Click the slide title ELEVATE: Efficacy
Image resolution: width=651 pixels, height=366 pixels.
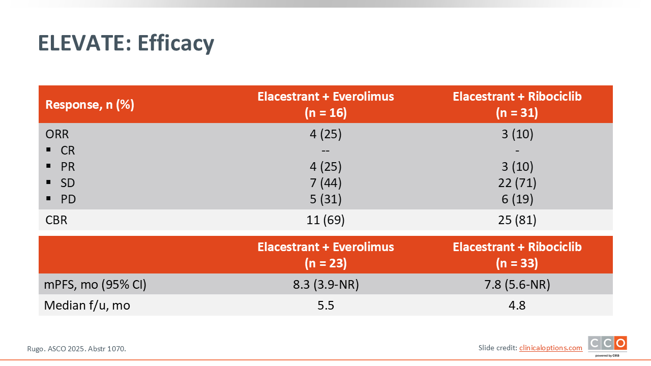coord(126,44)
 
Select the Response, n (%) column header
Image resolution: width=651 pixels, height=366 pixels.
coord(90,105)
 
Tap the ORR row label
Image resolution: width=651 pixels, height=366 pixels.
coord(57,134)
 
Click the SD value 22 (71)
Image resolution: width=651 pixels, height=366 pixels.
coord(517,183)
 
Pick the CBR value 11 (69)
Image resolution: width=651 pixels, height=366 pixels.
coord(325,220)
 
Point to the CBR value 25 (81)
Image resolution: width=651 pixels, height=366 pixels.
coord(517,220)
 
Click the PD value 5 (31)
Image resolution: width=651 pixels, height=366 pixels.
coord(325,199)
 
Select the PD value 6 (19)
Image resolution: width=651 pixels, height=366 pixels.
coord(517,199)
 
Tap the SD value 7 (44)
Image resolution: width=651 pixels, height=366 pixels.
coord(325,183)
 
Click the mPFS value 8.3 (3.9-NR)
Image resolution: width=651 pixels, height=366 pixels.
coord(326,284)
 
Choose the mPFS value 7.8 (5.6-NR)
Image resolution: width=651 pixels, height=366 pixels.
coord(517,284)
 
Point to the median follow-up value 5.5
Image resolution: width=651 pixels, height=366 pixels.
coord(325,306)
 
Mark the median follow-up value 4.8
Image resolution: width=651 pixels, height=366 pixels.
coord(517,306)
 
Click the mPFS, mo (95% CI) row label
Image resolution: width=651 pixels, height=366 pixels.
coord(95,284)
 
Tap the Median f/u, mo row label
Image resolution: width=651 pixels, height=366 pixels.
coord(87,306)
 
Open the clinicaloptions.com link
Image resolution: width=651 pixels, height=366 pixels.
coord(551,348)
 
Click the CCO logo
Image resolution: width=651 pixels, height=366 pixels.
coord(607,346)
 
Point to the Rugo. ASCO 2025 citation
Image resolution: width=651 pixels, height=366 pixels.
coord(76,349)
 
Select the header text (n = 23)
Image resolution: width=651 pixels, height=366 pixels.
coord(325,263)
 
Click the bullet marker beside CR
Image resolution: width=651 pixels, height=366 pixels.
coord(48,150)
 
